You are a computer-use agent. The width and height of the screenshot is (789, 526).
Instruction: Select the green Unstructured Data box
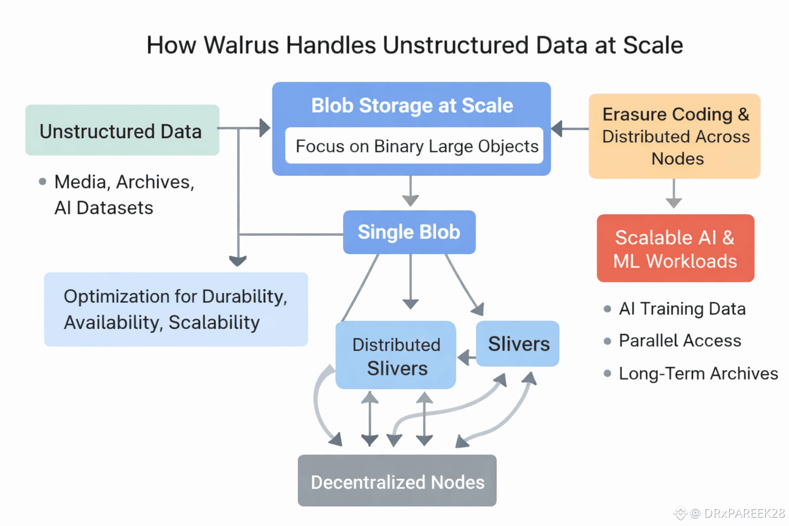[122, 130]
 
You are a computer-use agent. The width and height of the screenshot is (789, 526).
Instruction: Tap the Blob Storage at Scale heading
[412, 105]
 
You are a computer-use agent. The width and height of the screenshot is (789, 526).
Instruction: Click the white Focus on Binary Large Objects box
[414, 146]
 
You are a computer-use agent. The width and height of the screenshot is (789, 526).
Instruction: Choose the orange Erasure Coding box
[674, 136]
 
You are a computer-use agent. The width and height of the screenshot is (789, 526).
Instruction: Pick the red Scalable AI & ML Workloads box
[675, 249]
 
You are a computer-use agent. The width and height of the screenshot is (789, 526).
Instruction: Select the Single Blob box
[409, 232]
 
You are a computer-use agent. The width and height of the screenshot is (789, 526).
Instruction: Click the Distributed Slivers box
[396, 355]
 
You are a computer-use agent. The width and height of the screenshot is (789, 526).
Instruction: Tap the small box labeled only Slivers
[518, 344]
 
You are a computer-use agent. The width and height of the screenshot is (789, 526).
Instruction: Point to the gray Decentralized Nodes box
[397, 481]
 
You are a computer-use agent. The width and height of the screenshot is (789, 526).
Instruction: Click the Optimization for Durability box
[176, 309]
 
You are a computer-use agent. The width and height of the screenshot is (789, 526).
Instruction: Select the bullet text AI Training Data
[682, 309]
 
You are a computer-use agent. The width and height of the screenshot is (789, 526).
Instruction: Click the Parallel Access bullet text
[680, 341]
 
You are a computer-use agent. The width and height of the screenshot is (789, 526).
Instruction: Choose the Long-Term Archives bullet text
[698, 373]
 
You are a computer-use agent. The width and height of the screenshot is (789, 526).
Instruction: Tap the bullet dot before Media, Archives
[43, 181]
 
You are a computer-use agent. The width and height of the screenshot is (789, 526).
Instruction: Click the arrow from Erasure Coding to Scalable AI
[673, 194]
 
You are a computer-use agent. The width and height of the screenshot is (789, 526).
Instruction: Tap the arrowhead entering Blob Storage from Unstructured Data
[265, 128]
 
